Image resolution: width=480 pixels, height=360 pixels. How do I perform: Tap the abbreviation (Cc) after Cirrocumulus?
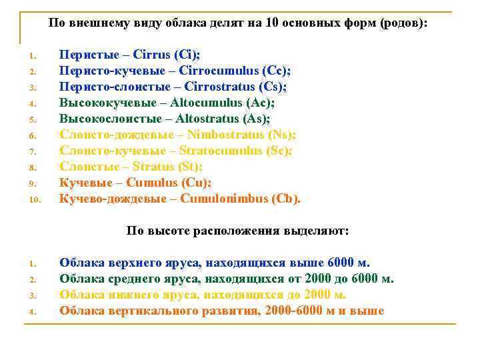[278, 71]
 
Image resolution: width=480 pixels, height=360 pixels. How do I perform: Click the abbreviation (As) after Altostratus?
[256, 119]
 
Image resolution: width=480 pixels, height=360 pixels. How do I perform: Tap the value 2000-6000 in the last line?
[295, 311]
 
